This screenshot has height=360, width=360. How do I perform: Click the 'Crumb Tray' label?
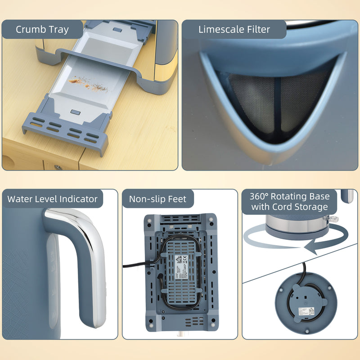pyautogui.click(x=42, y=30)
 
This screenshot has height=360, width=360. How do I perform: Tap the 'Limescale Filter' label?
pyautogui.click(x=234, y=30)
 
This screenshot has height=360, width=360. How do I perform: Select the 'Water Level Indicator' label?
pyautogui.click(x=53, y=199)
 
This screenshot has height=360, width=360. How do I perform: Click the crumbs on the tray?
pyautogui.click(x=88, y=83)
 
